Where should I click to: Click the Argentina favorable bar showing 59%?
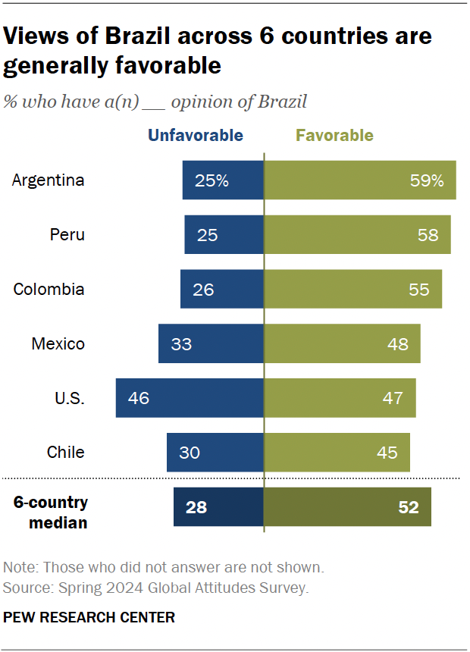click(359, 180)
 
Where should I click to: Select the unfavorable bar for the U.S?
click(190, 398)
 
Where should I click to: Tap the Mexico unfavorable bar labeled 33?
click(211, 344)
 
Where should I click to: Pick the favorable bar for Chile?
click(337, 453)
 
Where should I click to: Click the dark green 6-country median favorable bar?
click(347, 507)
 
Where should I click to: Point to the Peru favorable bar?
click(357, 235)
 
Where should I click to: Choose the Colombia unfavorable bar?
click(221, 290)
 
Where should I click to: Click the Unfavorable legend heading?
click(195, 136)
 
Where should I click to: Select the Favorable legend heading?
click(334, 136)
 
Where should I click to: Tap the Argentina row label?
click(49, 180)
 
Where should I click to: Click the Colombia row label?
click(49, 290)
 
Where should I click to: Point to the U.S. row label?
click(70, 398)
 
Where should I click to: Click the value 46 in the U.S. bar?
click(139, 398)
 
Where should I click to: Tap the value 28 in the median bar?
click(196, 507)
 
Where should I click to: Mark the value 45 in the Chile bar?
click(387, 453)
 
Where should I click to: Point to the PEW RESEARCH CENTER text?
click(89, 618)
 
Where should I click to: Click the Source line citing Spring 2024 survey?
click(155, 587)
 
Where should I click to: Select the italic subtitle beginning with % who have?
click(155, 102)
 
